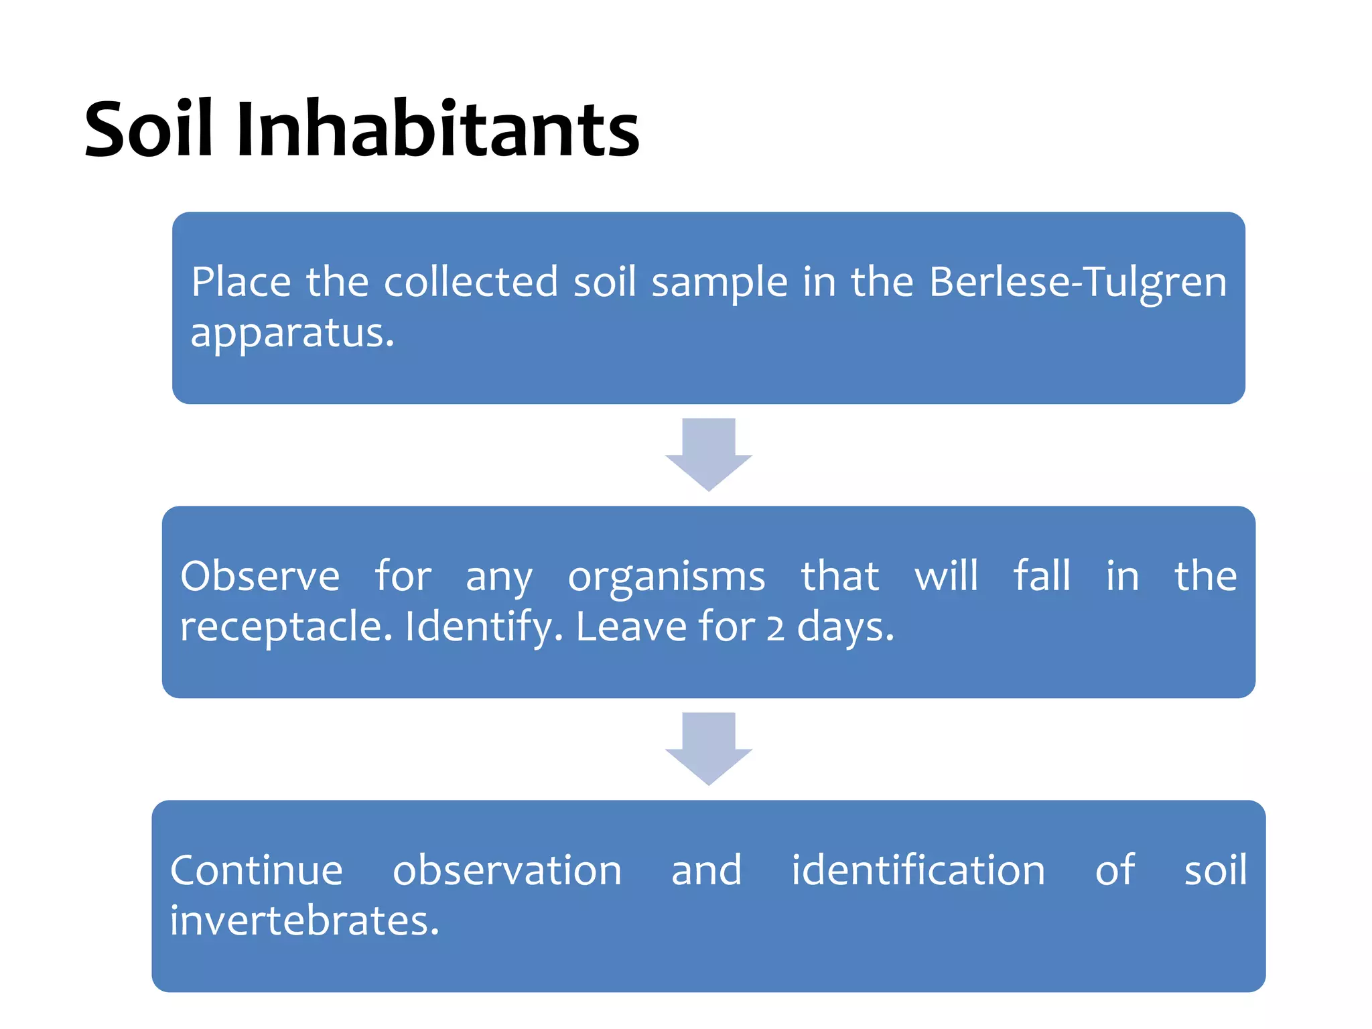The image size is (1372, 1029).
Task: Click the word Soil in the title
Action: coord(149,129)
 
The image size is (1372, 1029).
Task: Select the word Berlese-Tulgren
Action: coord(1078,283)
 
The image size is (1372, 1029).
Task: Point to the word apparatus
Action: coord(292,334)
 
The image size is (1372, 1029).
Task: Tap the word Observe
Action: coord(260,576)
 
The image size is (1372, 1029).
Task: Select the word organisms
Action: coord(667,577)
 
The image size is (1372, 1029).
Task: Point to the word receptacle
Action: coord(286,628)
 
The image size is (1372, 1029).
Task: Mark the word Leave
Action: coord(631,627)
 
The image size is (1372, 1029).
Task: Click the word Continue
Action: coord(257,870)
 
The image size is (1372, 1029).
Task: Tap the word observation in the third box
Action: coord(507,870)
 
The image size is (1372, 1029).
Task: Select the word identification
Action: coord(918,870)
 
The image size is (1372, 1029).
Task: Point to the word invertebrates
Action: coord(304,921)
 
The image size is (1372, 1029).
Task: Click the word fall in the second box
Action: coord(1042,576)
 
